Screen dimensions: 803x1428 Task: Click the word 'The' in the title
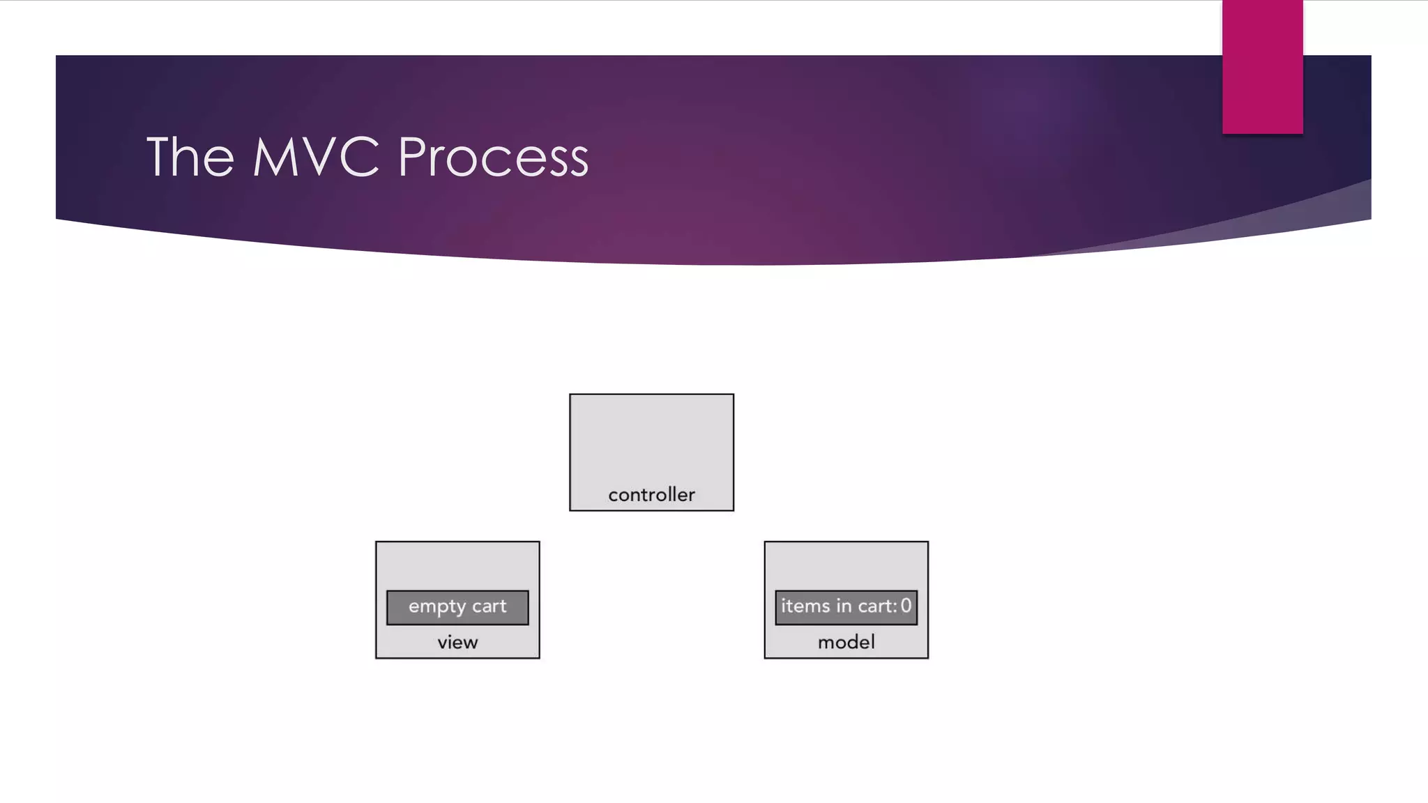tap(190, 158)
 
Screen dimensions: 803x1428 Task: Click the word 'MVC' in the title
tap(316, 158)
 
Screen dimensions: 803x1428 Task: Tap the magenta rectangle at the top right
tap(1262, 66)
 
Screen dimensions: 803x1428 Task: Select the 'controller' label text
tap(651, 495)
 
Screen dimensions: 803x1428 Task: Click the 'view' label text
tap(457, 642)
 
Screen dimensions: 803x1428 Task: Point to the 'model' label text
tap(846, 642)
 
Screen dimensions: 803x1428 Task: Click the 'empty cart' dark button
tap(457, 607)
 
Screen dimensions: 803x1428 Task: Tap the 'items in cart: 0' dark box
tap(846, 607)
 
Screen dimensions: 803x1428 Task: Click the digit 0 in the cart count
tap(906, 606)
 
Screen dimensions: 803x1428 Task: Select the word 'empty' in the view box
tap(437, 607)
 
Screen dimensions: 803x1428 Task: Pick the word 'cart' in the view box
tap(489, 606)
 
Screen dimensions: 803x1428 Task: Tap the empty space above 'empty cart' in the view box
tap(457, 565)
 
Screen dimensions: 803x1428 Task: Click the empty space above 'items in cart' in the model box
tap(846, 565)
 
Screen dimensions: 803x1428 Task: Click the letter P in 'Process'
tap(412, 158)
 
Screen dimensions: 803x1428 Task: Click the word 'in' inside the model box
tap(844, 606)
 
